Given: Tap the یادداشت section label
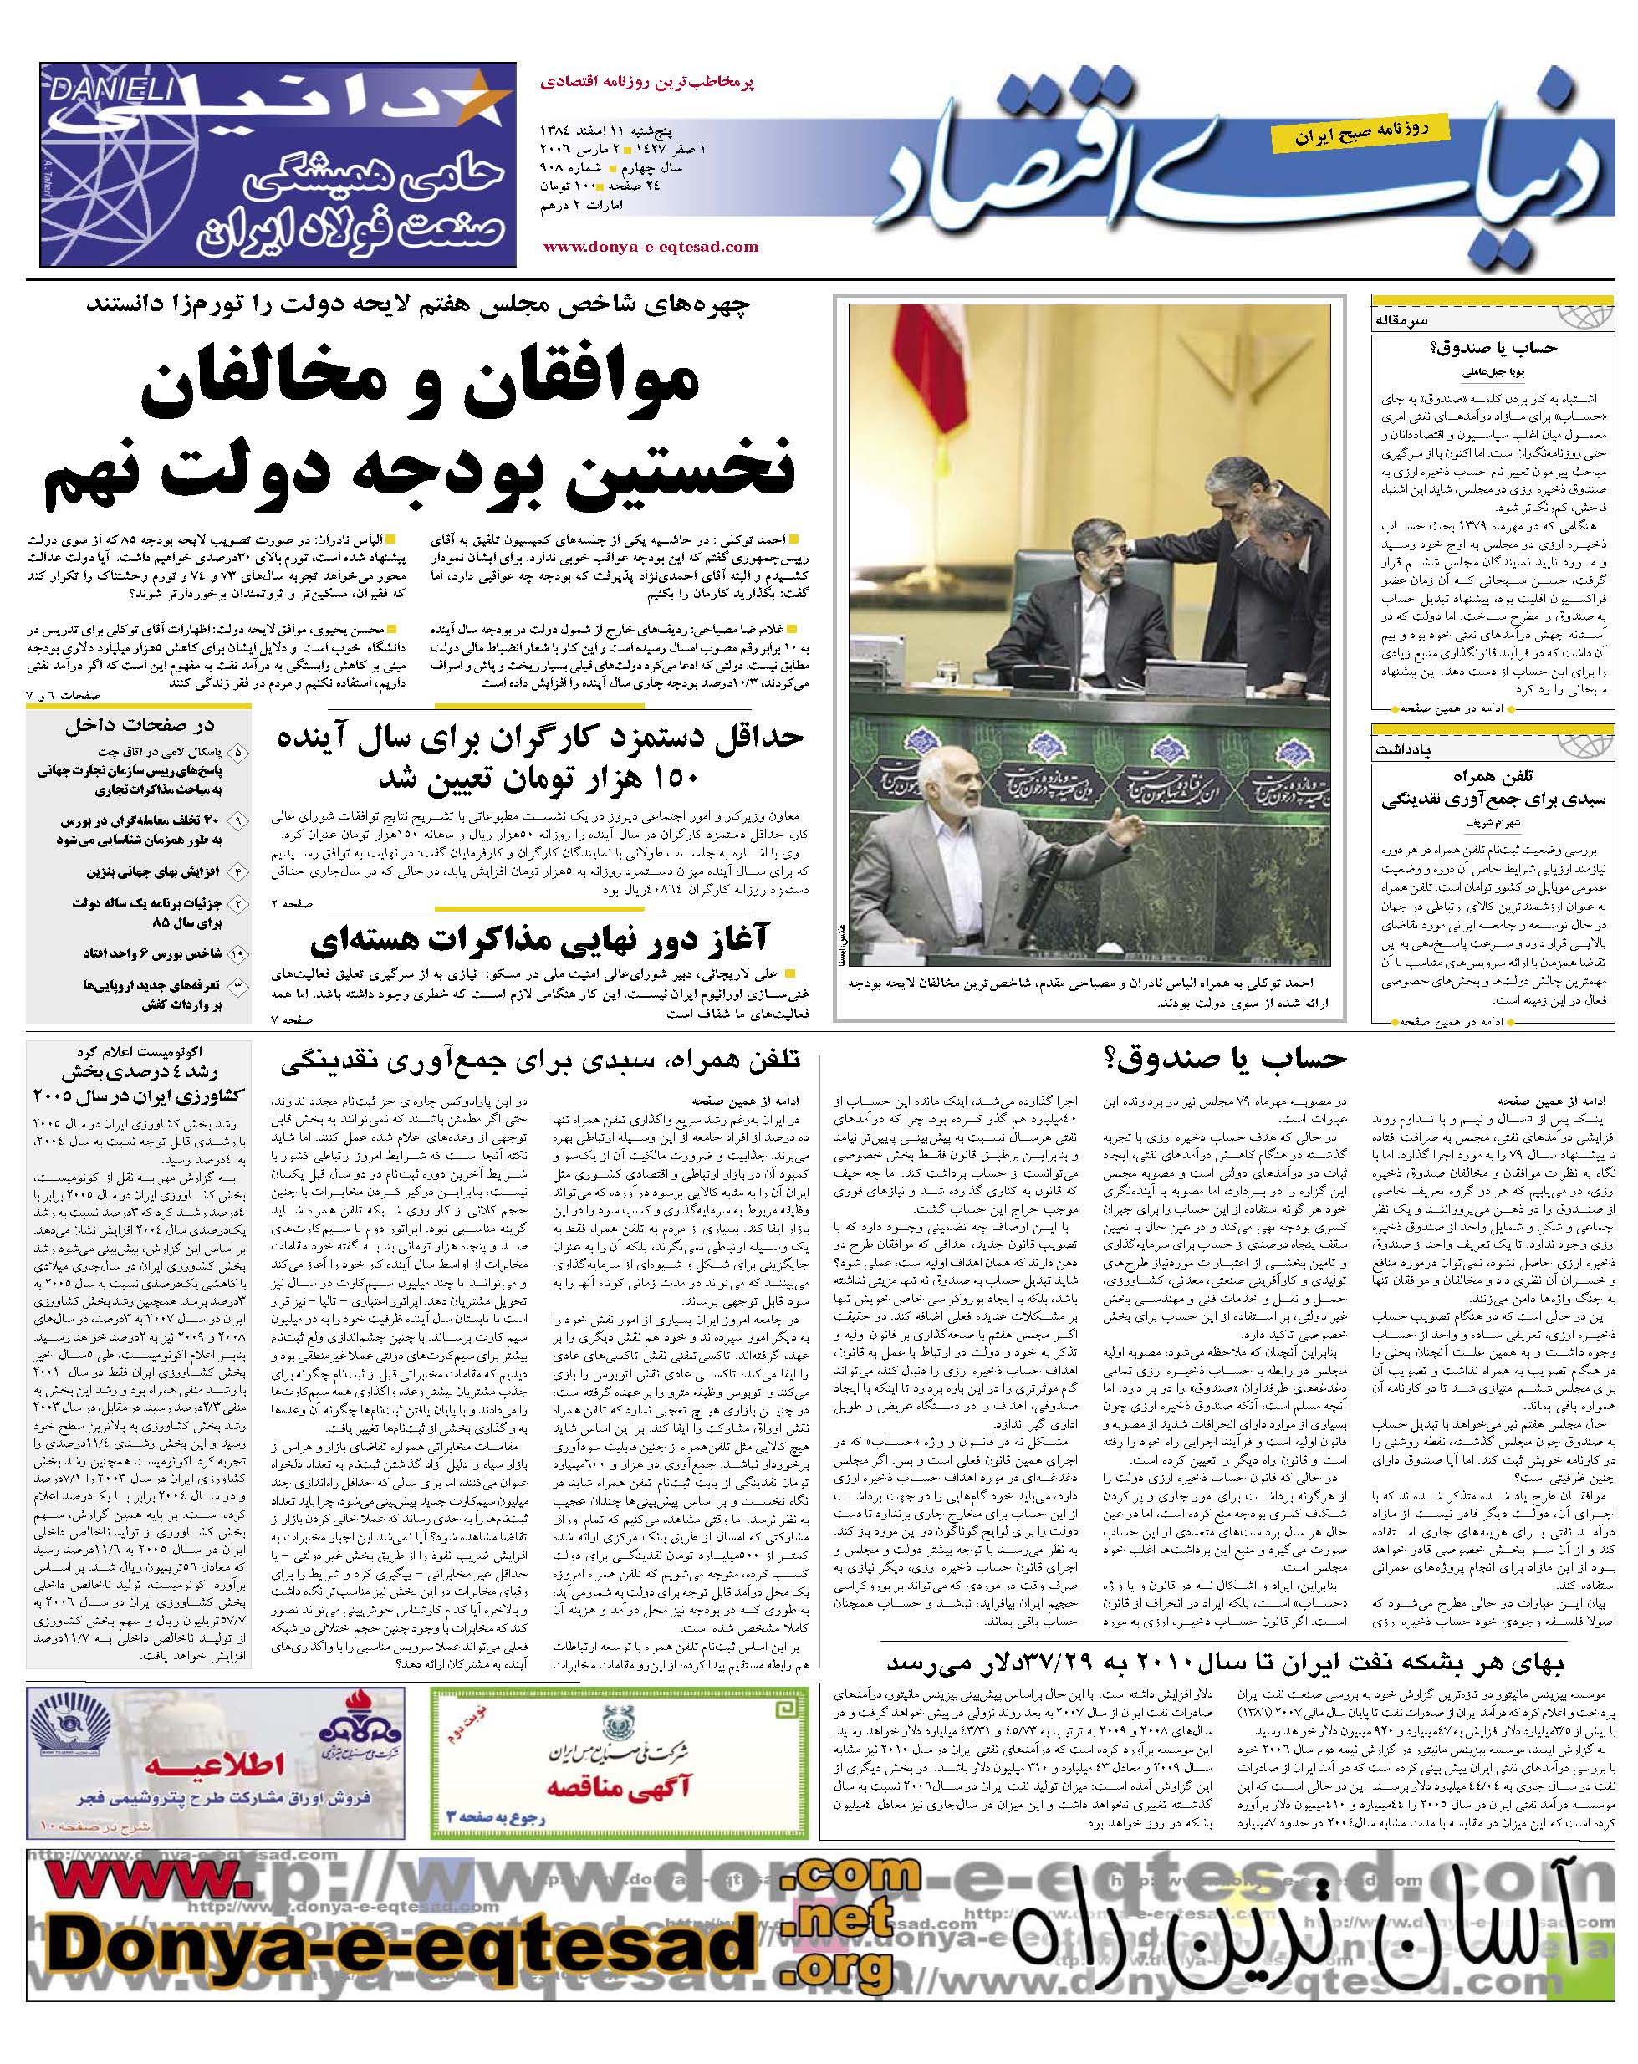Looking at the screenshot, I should tap(1403, 749).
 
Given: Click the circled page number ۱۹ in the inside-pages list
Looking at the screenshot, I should tap(238, 953).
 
